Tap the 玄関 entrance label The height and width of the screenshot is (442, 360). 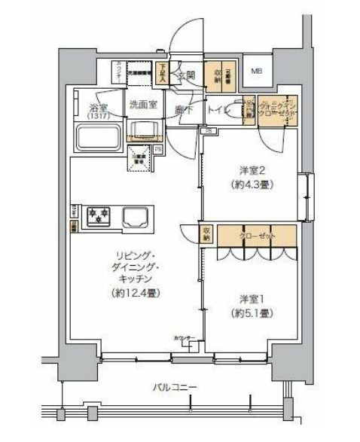186,74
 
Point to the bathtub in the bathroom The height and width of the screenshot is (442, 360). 97,138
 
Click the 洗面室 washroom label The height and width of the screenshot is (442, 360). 142,105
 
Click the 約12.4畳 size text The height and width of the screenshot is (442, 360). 136,292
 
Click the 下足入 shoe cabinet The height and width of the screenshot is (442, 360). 162,72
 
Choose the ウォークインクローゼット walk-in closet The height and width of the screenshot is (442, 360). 276,110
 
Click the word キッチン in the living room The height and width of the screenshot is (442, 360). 136,278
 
